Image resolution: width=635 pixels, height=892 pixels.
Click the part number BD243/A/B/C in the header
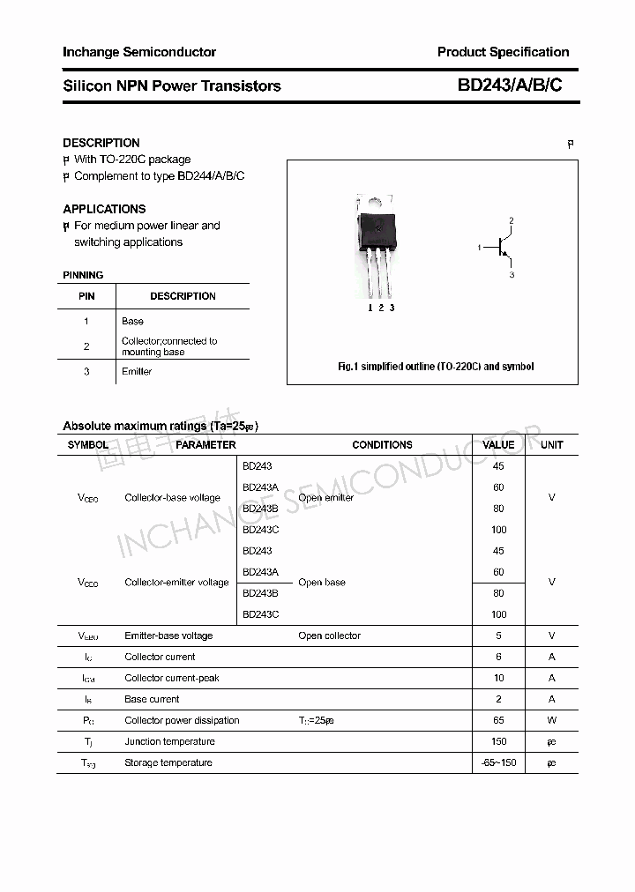pyautogui.click(x=509, y=85)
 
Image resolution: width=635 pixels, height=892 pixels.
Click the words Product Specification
pyautogui.click(x=503, y=52)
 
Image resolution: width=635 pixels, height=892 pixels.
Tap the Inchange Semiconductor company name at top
pyautogui.click(x=139, y=52)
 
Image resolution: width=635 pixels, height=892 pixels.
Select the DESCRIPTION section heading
pyautogui.click(x=101, y=143)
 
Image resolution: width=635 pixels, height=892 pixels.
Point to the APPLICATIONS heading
pyautogui.click(x=104, y=209)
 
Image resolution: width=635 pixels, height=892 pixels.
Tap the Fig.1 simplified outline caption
pyautogui.click(x=436, y=367)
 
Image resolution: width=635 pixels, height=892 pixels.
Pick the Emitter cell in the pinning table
pyautogui.click(x=137, y=372)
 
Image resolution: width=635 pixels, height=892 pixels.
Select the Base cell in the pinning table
pyautogui.click(x=132, y=322)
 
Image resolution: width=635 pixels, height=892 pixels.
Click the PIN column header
pyautogui.click(x=86, y=296)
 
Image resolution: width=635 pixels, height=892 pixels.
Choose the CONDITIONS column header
pyautogui.click(x=382, y=445)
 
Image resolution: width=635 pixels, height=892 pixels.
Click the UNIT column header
pyautogui.click(x=551, y=445)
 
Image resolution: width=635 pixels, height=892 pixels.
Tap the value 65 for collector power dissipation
pyautogui.click(x=498, y=721)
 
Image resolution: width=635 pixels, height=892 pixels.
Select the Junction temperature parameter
pyautogui.click(x=169, y=742)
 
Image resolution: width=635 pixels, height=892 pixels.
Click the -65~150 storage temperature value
pyautogui.click(x=498, y=763)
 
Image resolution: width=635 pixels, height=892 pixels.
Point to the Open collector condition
pyautogui.click(x=329, y=636)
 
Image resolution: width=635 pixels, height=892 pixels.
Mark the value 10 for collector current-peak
pyautogui.click(x=498, y=679)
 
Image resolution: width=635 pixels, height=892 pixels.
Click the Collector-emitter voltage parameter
pyautogui.click(x=176, y=583)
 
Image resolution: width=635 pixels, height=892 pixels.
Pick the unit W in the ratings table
pyautogui.click(x=551, y=721)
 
